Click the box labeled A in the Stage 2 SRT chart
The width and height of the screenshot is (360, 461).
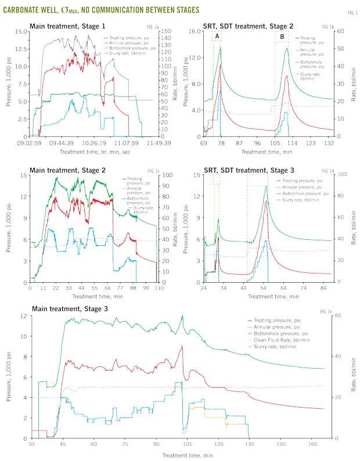tap(217, 36)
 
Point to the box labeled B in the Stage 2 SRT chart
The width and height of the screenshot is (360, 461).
tap(282, 36)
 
